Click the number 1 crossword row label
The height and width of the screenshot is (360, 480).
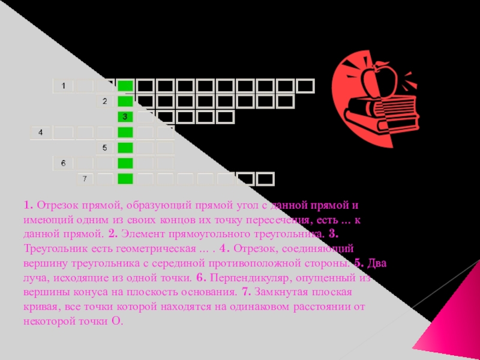[63, 86]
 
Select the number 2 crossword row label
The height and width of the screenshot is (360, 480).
[104, 101]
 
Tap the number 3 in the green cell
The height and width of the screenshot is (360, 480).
[125, 116]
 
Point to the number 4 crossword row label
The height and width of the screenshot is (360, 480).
[41, 132]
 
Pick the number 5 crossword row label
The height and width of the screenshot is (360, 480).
[104, 148]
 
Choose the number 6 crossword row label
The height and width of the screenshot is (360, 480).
[63, 163]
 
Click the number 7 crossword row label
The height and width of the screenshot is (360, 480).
[85, 179]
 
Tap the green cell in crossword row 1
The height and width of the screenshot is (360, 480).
[125, 86]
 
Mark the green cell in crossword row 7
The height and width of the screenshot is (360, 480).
[125, 179]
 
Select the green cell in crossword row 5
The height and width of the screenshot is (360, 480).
[125, 148]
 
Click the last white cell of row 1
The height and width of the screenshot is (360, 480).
[306, 86]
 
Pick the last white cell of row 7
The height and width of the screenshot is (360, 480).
[265, 179]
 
